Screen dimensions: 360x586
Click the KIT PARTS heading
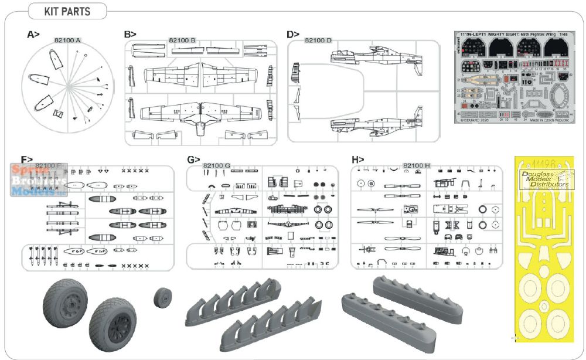pyautogui.click(x=67, y=11)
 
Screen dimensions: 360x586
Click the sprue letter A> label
pyautogui.click(x=33, y=35)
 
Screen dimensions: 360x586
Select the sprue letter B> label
pyautogui.click(x=130, y=35)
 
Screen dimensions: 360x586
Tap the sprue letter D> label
pyautogui.click(x=294, y=35)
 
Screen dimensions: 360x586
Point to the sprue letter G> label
pyautogui.click(x=193, y=159)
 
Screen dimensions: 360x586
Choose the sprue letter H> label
pyautogui.click(x=358, y=159)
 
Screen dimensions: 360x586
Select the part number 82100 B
pyautogui.click(x=182, y=40)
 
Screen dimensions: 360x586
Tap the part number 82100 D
pyautogui.click(x=318, y=40)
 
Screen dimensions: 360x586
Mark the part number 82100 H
pyautogui.click(x=417, y=166)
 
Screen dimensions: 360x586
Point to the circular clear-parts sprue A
pyautogui.click(x=67, y=86)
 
